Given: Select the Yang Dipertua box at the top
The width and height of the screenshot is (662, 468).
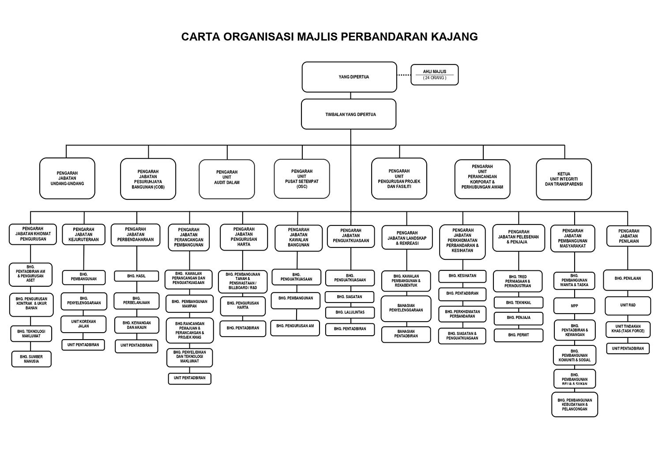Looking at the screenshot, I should pos(349,77).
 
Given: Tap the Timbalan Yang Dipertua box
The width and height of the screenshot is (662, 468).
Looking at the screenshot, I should pos(349,114).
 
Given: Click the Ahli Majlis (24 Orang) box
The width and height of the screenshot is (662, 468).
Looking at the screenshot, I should pos(434,75).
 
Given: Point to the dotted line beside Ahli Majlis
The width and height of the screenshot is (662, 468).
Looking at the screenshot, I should pos(403,75).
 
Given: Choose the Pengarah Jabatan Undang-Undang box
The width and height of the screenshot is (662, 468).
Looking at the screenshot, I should pos(67,178).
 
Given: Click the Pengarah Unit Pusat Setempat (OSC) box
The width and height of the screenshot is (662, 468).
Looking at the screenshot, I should pos(302,179).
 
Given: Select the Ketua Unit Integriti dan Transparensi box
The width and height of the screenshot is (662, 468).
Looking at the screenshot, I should pos(564,179).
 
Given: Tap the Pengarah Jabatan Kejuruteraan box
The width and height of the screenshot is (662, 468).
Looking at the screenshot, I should pos(83,235).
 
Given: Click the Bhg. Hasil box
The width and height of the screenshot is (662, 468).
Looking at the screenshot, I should pos(136,276).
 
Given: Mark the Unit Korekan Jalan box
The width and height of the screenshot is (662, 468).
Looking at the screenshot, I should pos(83,324).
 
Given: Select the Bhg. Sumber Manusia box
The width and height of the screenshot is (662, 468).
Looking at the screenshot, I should pos(31,359).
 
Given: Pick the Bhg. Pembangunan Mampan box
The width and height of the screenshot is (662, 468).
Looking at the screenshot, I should pos(189,304).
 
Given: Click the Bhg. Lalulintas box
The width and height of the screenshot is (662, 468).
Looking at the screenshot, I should pos(350,312).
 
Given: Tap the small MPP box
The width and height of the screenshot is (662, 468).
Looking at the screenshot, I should pos(574,306).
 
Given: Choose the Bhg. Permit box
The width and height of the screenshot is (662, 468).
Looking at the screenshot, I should pos(518,335).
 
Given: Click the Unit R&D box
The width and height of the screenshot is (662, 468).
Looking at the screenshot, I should pos(628,305).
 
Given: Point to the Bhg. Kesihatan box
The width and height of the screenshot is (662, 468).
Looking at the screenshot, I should pos(462,276).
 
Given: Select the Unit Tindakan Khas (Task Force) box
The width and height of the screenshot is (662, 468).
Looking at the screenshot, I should pos(628,329).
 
